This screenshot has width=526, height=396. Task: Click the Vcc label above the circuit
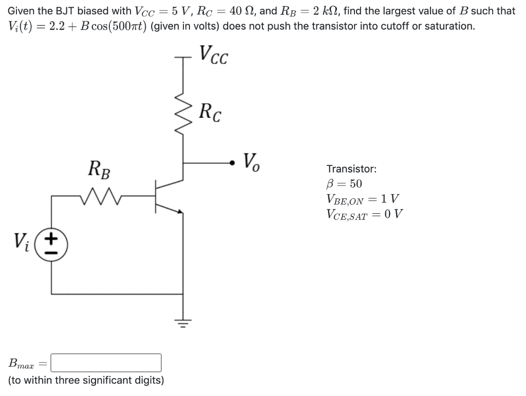click(x=213, y=53)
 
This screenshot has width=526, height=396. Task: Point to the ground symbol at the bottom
click(x=183, y=322)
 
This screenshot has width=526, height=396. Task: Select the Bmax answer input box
click(x=106, y=363)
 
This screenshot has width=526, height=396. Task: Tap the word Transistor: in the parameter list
click(x=351, y=168)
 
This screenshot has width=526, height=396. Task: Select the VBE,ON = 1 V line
click(x=363, y=199)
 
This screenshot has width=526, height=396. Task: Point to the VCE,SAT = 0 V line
click(x=364, y=214)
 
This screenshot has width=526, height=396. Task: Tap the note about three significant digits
click(x=86, y=381)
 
